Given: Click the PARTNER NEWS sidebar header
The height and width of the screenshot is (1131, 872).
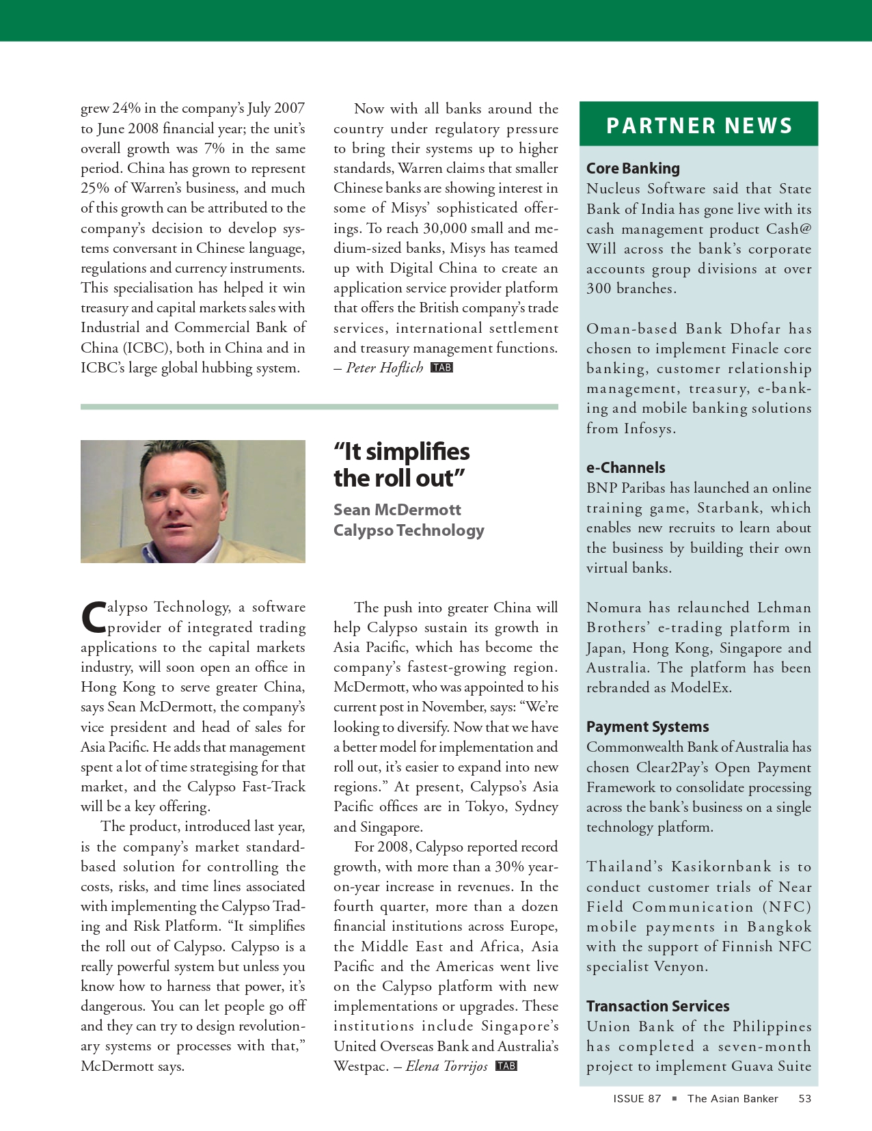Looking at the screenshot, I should coord(698,126).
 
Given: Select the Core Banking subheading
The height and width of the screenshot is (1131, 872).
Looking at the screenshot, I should coord(633,169).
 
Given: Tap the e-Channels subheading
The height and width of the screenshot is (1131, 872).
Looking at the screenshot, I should coord(625,468).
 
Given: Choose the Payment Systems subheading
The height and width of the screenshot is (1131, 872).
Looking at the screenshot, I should coord(647,727).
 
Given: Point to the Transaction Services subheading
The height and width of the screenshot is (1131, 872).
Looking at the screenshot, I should coord(657,1007).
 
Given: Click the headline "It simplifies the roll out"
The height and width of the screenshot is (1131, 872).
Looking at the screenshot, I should coord(401,465).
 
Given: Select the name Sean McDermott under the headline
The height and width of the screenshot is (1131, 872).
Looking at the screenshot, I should coord(397,510).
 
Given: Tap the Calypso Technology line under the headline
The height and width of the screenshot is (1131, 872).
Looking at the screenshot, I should coord(409,530).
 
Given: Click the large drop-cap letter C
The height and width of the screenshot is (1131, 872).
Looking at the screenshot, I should coord(94,616).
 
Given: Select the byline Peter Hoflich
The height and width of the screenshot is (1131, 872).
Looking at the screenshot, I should coord(385,368).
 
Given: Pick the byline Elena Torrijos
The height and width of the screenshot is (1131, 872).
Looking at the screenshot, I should coord(446,1067).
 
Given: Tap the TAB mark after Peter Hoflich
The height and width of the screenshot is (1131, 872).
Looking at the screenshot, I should coord(442,368).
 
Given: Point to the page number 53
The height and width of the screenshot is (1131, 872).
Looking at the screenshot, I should coord(805,1099).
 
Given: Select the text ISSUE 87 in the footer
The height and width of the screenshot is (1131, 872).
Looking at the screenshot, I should coord(637,1099).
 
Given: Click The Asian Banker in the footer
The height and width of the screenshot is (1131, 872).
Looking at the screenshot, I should coord(733,1099).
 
